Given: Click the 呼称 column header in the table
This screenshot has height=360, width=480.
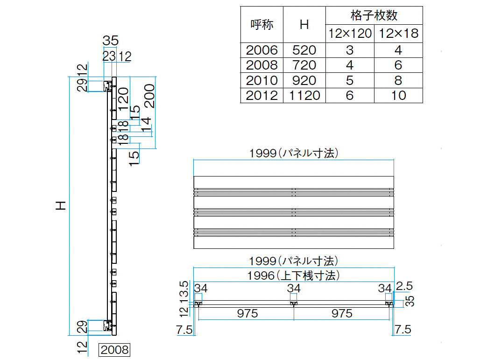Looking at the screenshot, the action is [x=262, y=24].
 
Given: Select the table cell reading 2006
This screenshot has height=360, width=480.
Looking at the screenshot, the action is [x=262, y=50].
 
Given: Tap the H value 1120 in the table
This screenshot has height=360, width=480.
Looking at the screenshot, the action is [x=304, y=96].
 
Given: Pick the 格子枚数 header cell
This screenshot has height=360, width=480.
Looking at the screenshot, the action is [x=374, y=15].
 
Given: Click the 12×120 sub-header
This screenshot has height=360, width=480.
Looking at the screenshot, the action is [x=350, y=33].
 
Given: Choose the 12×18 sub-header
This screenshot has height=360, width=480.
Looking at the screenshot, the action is [x=398, y=33].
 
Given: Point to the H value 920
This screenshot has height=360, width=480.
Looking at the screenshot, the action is [x=304, y=80].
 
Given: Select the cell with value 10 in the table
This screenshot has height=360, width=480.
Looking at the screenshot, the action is [x=398, y=96].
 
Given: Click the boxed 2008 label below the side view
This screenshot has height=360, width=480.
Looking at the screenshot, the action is [x=114, y=350].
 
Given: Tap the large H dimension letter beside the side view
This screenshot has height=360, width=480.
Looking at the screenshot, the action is [x=61, y=205].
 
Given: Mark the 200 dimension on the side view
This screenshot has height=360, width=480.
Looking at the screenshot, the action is [x=149, y=96].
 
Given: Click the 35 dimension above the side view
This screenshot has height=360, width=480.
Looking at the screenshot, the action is [x=110, y=41].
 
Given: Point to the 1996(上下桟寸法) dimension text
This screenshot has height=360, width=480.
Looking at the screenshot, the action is [x=293, y=275].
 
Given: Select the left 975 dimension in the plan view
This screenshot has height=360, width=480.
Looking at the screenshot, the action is [x=247, y=313].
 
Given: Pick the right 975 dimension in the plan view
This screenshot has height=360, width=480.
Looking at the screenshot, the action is [x=342, y=313].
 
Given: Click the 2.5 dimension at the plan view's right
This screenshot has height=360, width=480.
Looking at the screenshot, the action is [x=404, y=286].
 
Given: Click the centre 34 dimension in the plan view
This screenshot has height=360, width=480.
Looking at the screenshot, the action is [x=294, y=288].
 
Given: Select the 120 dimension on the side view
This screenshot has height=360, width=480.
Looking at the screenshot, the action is [x=123, y=99].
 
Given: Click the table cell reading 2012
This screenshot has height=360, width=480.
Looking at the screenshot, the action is [x=262, y=96].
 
